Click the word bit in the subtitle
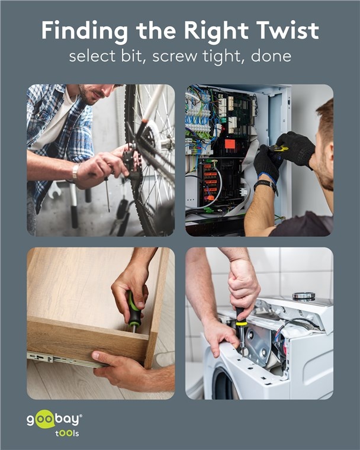[131, 56]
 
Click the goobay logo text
[54, 419]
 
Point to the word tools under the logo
[67, 433]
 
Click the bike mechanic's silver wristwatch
[75, 172]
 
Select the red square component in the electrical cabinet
[230, 143]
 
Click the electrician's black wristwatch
[266, 185]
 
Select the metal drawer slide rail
[66, 359]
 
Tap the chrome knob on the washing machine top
[304, 296]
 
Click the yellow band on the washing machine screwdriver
[241, 324]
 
